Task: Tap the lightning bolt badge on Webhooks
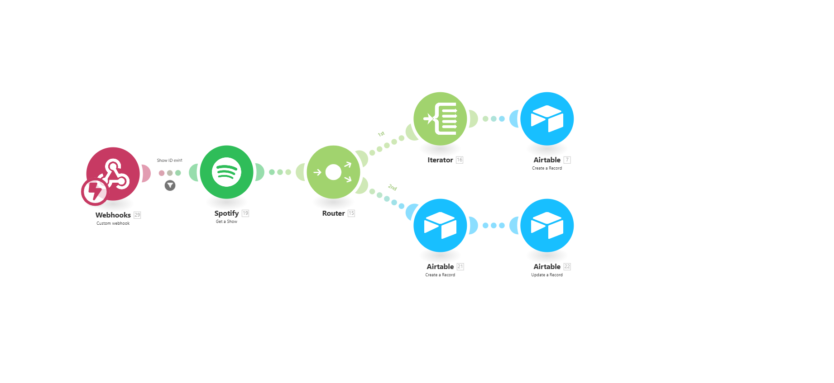95,191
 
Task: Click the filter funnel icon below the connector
170,185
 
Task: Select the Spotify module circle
226,172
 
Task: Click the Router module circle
333,172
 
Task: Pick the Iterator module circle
440,118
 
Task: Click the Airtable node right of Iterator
547,118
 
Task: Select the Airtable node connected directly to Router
440,225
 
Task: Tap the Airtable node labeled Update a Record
547,225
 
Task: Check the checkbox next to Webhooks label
138,215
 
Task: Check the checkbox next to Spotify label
245,213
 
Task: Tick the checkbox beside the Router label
351,213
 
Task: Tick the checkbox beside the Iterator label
460,160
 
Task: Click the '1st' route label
381,134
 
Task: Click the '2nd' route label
392,187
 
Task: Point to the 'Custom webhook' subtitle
113,223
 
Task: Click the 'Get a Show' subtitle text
226,222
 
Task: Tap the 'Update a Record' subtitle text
547,275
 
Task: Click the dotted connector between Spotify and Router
280,172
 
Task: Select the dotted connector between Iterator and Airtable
494,118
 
